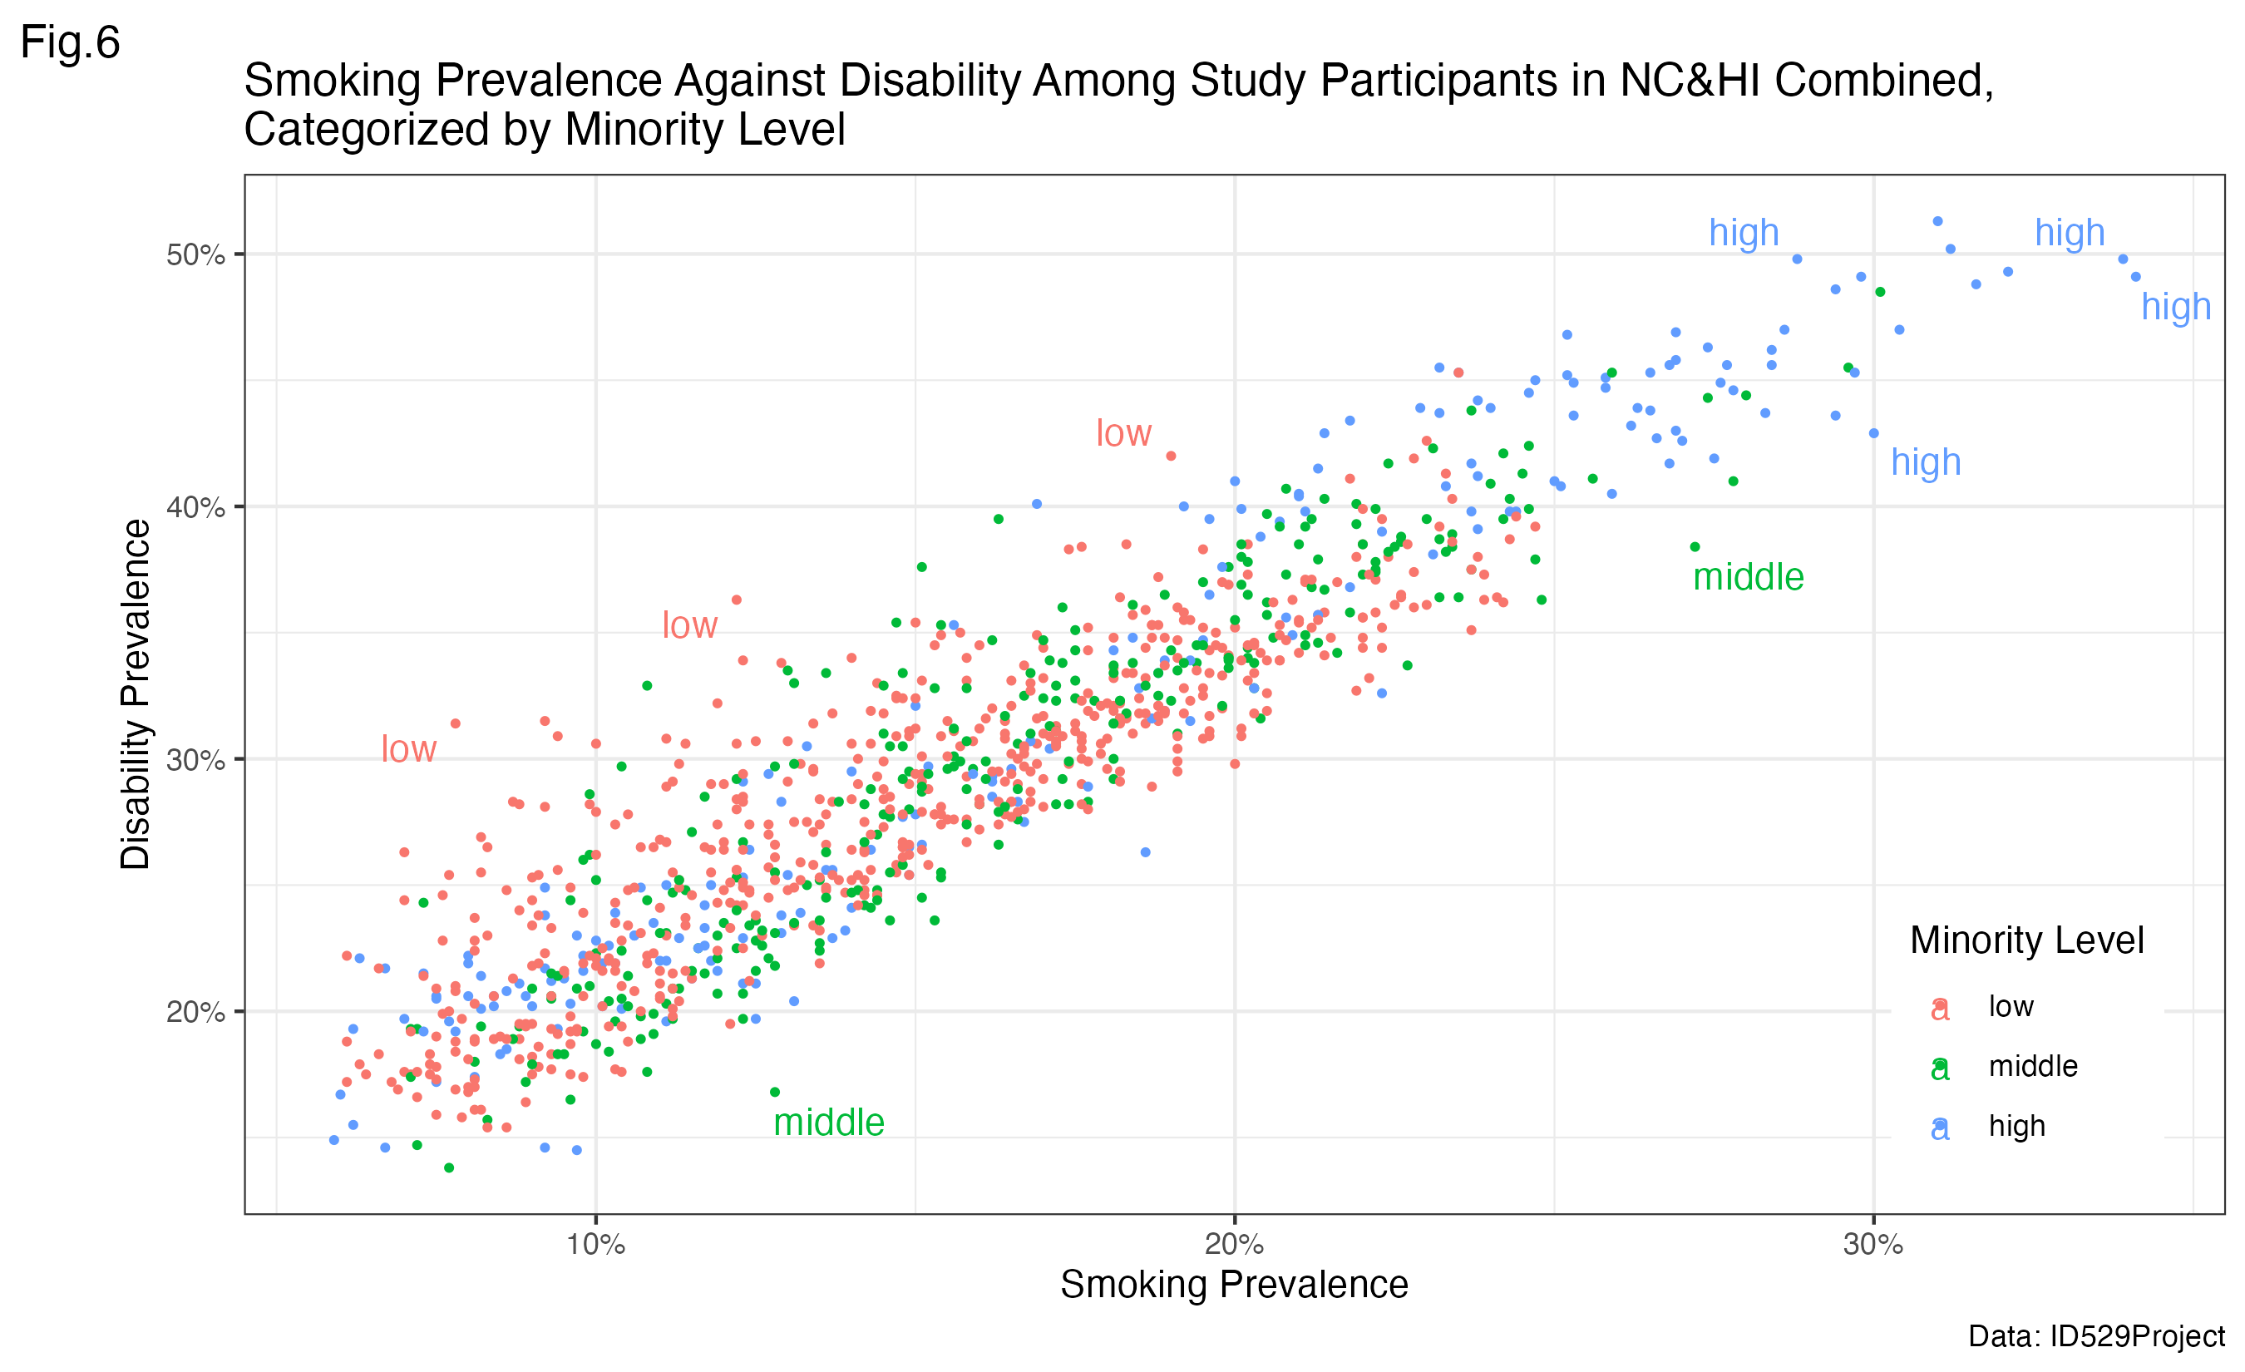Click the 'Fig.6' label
(70, 42)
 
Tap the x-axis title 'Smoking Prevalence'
(1234, 1285)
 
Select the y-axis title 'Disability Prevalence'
(136, 694)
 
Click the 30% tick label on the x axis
(1873, 1245)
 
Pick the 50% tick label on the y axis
(195, 254)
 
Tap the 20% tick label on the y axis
(195, 1012)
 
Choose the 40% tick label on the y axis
(195, 507)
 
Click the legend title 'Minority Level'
(2026, 940)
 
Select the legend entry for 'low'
(2011, 1007)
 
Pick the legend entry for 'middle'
(2033, 1066)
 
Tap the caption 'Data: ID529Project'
(2095, 1336)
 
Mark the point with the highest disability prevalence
(1938, 221)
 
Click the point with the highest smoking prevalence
(2136, 277)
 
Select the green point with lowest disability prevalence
(449, 1168)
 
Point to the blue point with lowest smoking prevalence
(334, 1141)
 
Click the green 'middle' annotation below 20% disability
(828, 1123)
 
